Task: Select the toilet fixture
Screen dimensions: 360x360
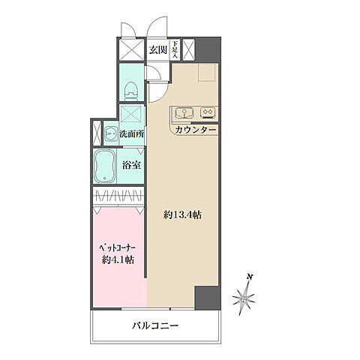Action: tap(130, 88)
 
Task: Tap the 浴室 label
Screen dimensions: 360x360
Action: tap(132, 165)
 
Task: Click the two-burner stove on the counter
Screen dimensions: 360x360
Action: tap(208, 114)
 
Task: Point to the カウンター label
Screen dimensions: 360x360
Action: tap(196, 130)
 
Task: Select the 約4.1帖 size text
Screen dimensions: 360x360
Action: tap(118, 259)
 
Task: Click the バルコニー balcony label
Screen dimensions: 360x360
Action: tap(157, 326)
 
